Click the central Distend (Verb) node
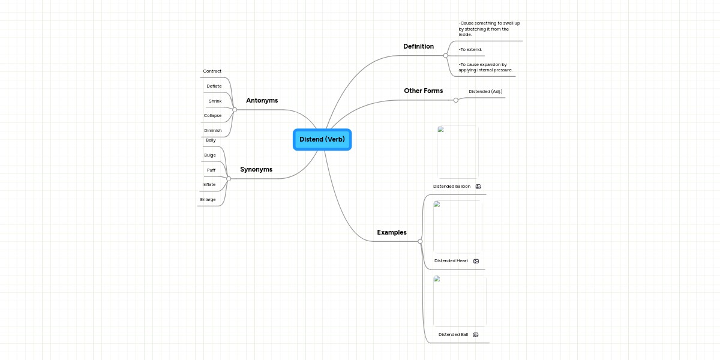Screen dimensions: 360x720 click(x=322, y=139)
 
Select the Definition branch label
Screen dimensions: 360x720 click(x=418, y=46)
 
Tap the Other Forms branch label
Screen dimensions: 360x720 click(x=423, y=91)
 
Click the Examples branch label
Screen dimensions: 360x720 click(x=391, y=232)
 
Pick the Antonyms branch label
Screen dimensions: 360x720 click(x=262, y=100)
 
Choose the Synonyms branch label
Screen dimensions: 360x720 click(x=256, y=169)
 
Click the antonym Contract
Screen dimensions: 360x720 click(x=212, y=71)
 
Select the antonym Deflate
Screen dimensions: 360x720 click(x=214, y=86)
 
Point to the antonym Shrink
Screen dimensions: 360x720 click(x=215, y=101)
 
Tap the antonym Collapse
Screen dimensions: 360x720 click(x=212, y=115)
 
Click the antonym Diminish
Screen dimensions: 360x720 click(x=213, y=130)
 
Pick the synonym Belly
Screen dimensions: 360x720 click(x=211, y=140)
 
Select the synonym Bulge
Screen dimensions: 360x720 click(x=210, y=155)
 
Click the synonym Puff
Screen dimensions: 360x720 click(x=211, y=170)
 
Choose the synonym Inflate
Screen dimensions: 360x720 click(x=209, y=185)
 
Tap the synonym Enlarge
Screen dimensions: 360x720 click(x=208, y=199)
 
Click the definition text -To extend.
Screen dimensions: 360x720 click(x=470, y=50)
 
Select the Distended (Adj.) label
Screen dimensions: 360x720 click(x=485, y=92)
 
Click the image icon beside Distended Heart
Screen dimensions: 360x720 click(x=476, y=261)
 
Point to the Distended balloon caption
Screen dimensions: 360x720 click(x=452, y=187)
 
